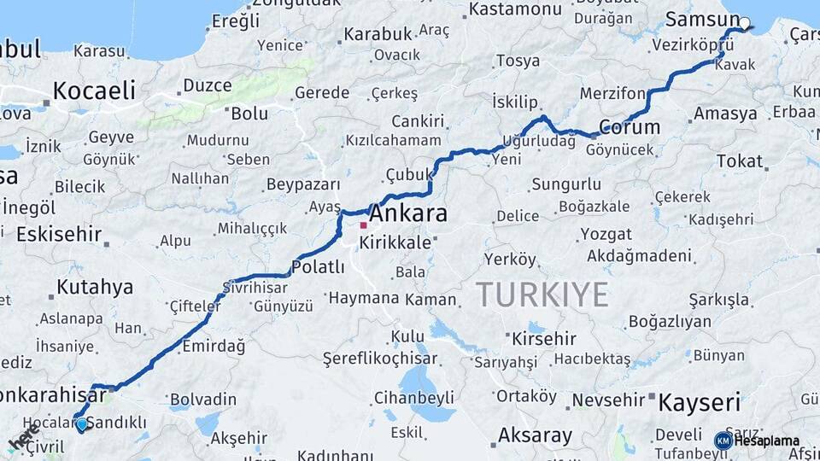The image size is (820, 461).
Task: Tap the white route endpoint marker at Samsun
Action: coord(745,24)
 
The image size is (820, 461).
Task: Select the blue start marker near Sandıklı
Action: coord(80,423)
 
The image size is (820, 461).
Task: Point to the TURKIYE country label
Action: coord(542,295)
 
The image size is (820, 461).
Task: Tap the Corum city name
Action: coord(630,127)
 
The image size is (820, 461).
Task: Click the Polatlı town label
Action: coord(318,267)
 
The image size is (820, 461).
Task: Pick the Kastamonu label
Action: coord(514,9)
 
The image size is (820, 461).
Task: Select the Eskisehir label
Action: coord(58,234)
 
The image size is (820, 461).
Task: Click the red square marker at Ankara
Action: coord(363,225)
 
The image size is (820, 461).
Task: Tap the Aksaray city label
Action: coord(535,435)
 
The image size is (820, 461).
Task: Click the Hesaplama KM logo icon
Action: coord(723,441)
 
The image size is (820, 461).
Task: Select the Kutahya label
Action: coord(95,287)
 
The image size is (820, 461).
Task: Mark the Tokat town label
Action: coord(740,160)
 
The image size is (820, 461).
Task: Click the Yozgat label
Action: coord(606,234)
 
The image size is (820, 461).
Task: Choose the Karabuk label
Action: coord(378,35)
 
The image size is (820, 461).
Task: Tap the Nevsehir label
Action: coord(606,400)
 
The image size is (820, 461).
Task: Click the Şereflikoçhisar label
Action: coord(380,359)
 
